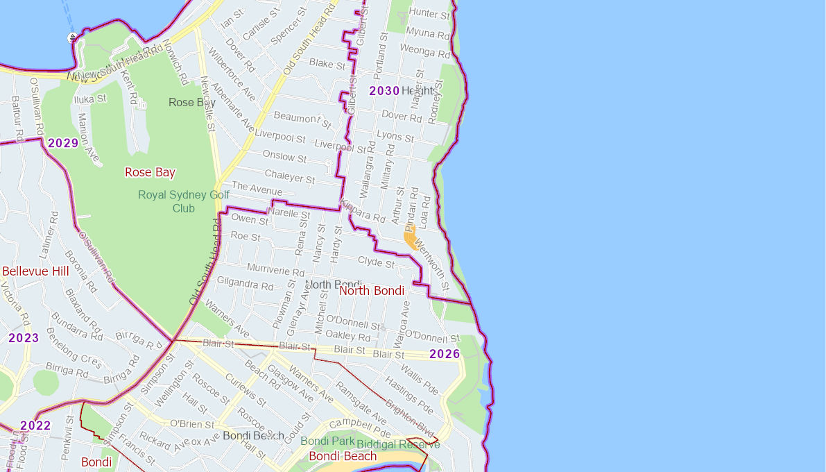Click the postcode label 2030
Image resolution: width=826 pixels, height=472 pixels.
pyautogui.click(x=384, y=91)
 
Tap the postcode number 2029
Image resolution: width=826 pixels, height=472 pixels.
pyautogui.click(x=62, y=143)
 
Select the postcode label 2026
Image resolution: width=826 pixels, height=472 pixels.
pyautogui.click(x=445, y=354)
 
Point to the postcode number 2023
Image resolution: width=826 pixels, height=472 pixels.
pyautogui.click(x=24, y=338)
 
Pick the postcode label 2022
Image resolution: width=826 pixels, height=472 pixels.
pyautogui.click(x=35, y=425)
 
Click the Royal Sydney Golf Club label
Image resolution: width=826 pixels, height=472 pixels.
pyautogui.click(x=184, y=201)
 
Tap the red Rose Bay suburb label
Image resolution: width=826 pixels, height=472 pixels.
pyautogui.click(x=150, y=172)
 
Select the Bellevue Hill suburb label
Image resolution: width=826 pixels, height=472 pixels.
pyautogui.click(x=35, y=271)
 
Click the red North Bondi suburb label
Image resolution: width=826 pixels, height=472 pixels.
pyautogui.click(x=372, y=290)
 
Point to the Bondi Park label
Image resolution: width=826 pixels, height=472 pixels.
pyautogui.click(x=327, y=441)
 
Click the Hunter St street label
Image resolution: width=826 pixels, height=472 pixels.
pyautogui.click(x=429, y=13)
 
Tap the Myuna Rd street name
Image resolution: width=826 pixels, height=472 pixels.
pyautogui.click(x=429, y=33)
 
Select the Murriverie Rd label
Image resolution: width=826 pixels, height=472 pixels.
pyautogui.click(x=275, y=269)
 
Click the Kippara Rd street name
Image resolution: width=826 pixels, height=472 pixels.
pyautogui.click(x=362, y=212)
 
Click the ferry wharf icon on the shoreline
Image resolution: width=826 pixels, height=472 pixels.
pyautogui.click(x=72, y=37)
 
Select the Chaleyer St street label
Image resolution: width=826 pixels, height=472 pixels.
pyautogui.click(x=290, y=176)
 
